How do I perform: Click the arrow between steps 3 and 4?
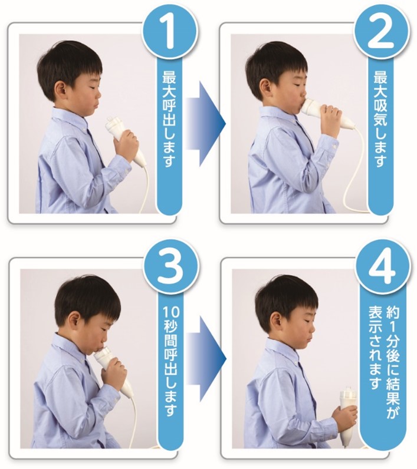[205, 358]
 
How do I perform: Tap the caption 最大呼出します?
[169, 119]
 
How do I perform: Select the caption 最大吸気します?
[380, 119]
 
